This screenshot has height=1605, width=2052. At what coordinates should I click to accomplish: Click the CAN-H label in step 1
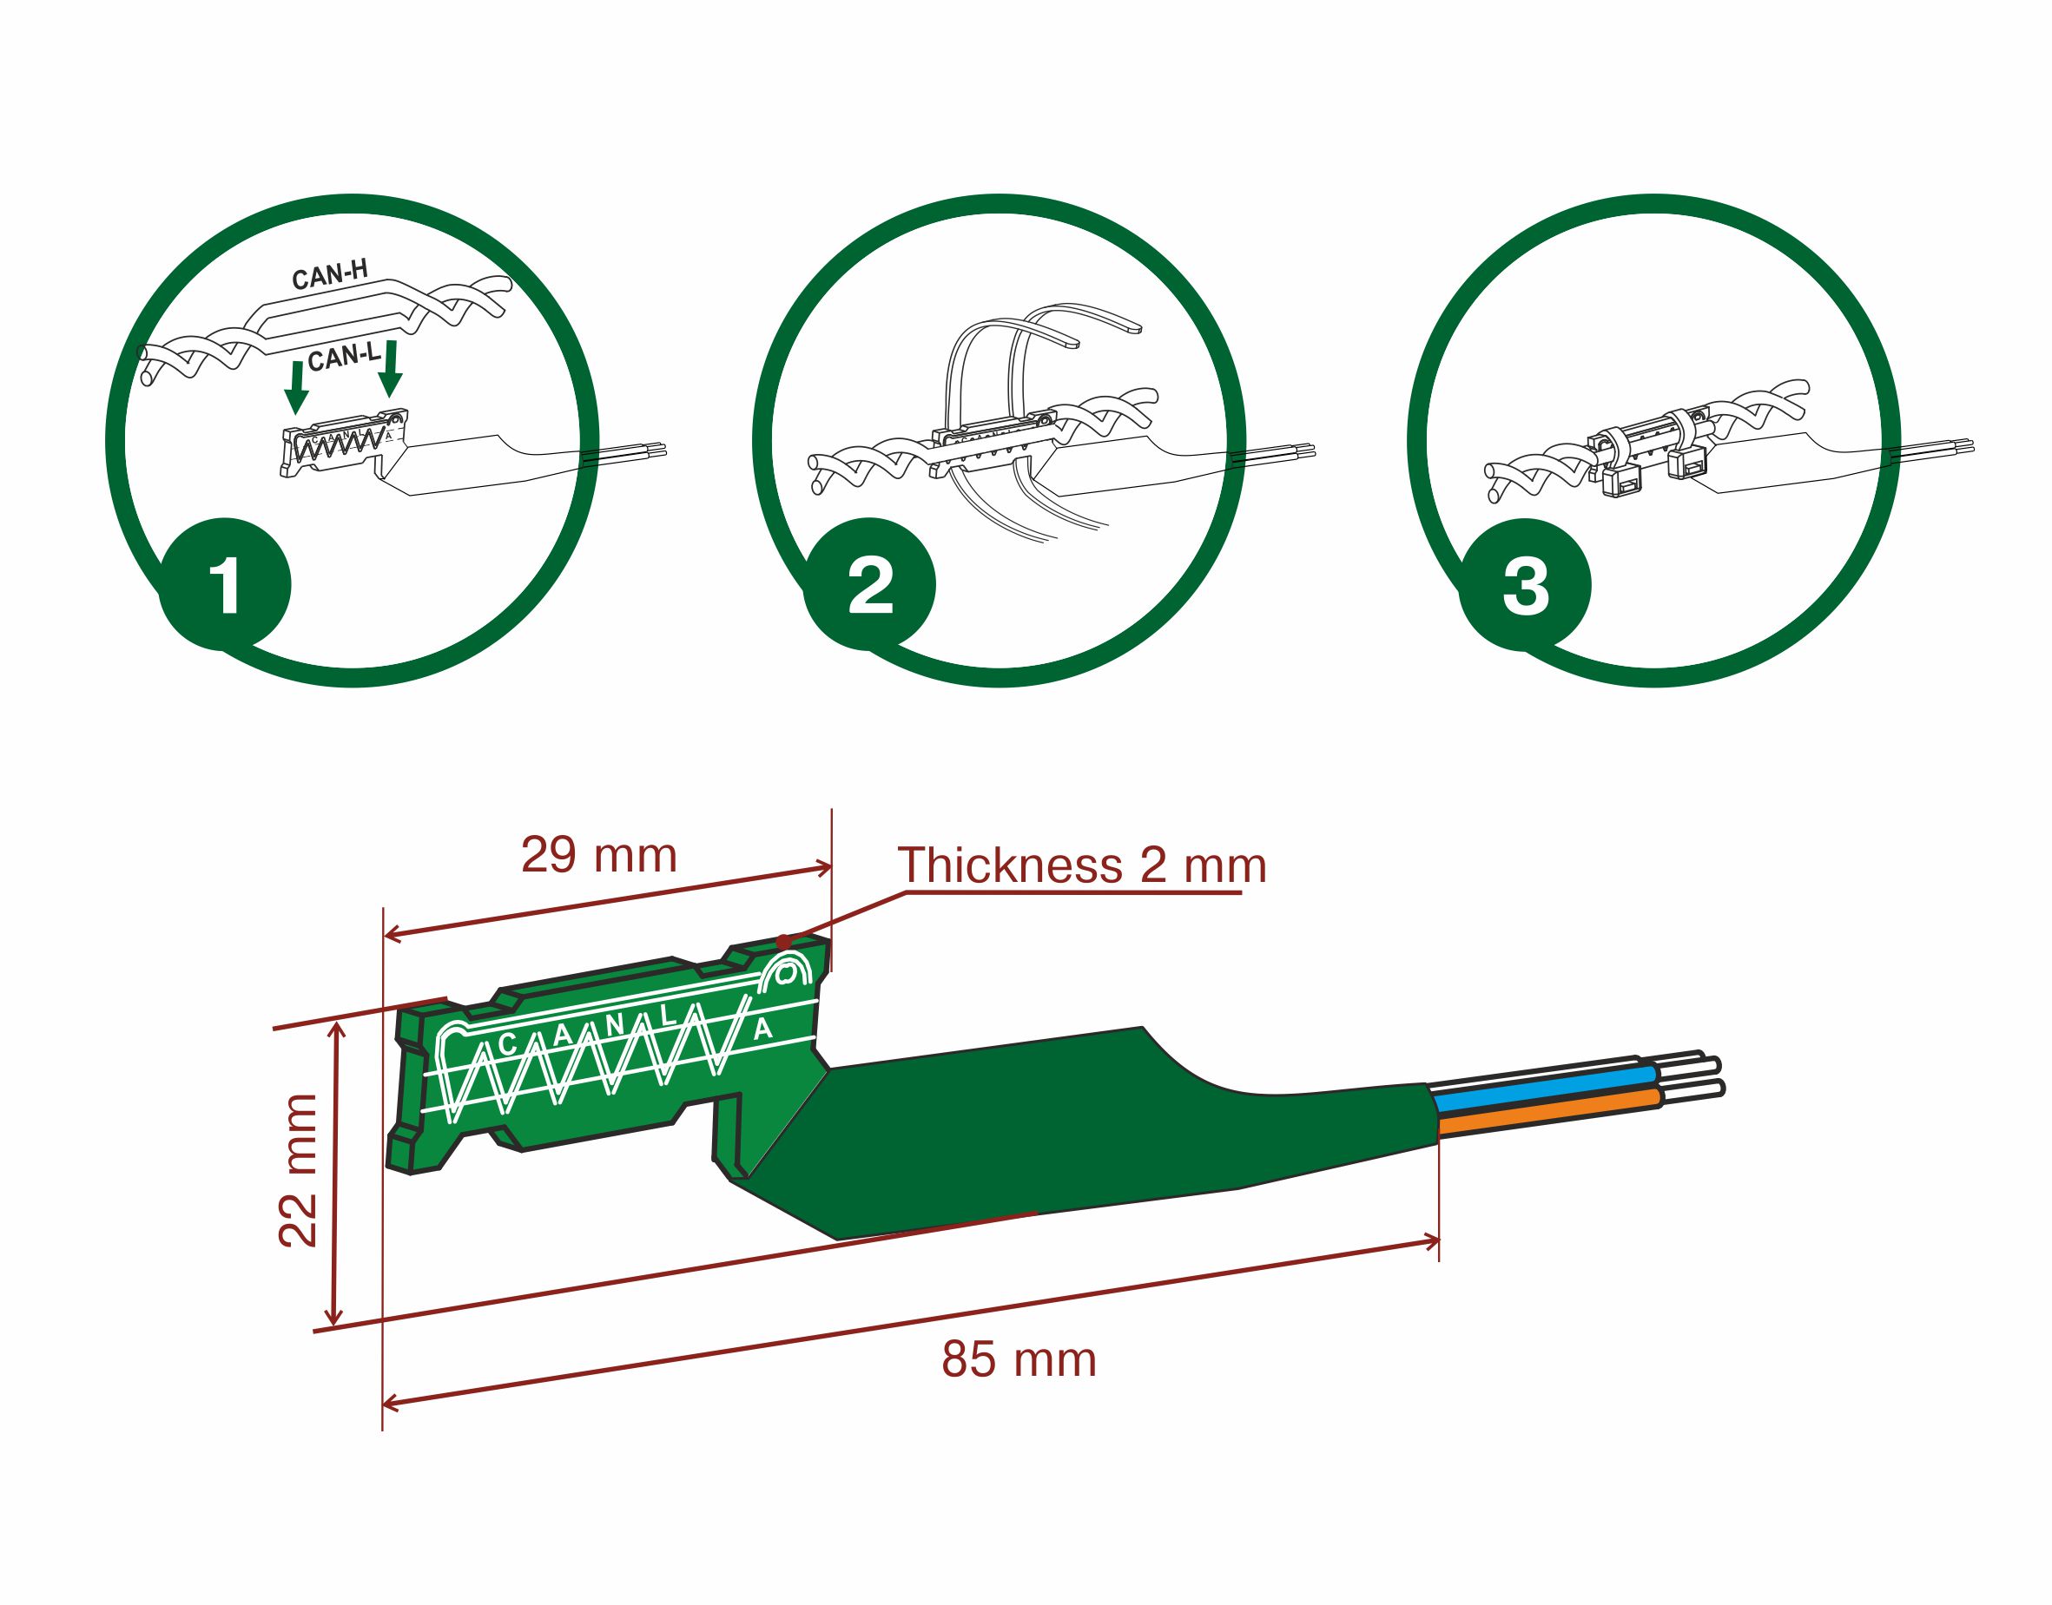[x=330, y=275]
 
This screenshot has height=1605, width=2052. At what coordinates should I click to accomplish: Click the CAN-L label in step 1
[x=345, y=357]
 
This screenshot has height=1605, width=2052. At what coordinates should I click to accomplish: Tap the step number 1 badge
[x=226, y=585]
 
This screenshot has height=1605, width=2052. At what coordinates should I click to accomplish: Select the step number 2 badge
[x=870, y=585]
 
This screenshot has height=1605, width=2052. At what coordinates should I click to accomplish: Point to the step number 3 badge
[x=1526, y=585]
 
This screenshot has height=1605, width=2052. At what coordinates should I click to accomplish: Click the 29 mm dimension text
[x=599, y=855]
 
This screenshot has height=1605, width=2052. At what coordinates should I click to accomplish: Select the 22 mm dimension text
[x=299, y=1170]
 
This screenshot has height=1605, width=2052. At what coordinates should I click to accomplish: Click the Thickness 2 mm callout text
[x=1082, y=865]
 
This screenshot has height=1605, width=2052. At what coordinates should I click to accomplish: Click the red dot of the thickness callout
[x=784, y=941]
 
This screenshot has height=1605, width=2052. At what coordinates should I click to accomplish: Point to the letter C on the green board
[x=509, y=1044]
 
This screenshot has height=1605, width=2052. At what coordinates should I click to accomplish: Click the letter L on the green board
[x=668, y=1016]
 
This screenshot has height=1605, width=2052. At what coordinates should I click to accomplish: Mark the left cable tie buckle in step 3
[x=1620, y=481]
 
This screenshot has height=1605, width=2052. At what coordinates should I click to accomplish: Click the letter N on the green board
[x=615, y=1026]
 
